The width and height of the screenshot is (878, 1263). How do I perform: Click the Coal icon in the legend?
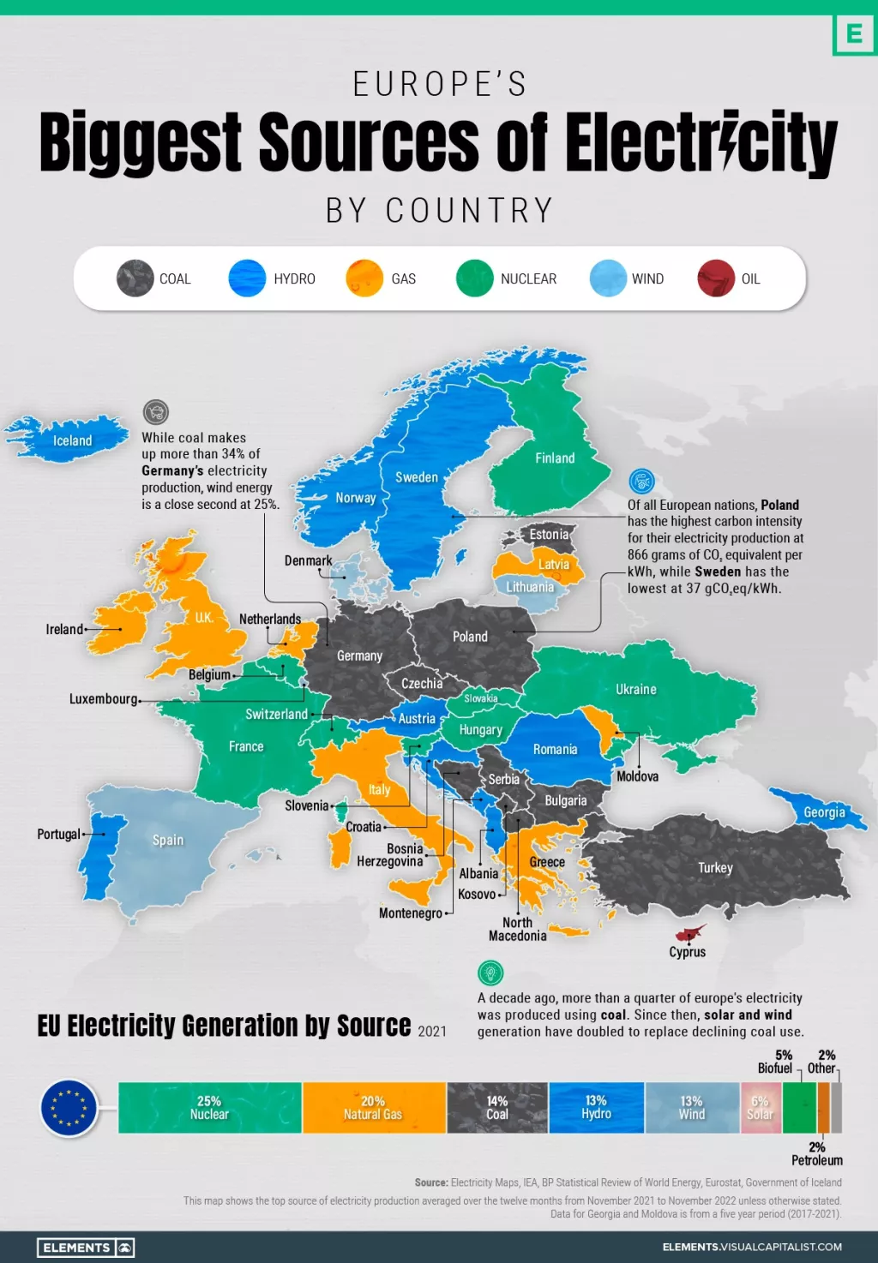tap(135, 278)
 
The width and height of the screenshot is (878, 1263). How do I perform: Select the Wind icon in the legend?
tap(608, 278)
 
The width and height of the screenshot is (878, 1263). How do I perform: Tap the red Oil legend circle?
tap(716, 278)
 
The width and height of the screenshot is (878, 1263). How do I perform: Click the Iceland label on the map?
tap(72, 440)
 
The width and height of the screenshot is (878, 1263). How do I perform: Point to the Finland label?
tap(555, 458)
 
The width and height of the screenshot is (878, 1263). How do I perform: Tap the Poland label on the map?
tap(470, 637)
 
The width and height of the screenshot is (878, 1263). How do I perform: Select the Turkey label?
tap(715, 868)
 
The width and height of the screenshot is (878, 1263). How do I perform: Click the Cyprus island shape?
tap(689, 933)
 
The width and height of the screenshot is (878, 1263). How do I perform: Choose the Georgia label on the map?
tap(824, 812)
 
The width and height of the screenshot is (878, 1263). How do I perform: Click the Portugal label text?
tap(58, 834)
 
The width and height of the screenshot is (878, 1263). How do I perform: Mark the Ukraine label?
tap(635, 689)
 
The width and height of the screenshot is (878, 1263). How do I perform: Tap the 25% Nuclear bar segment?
tap(209, 1108)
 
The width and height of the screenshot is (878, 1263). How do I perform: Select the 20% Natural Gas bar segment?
tap(373, 1108)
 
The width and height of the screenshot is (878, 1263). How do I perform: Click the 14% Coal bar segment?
tap(497, 1108)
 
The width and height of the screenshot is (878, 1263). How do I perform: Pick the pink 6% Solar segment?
tap(761, 1108)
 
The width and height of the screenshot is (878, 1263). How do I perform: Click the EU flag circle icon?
tap(69, 1108)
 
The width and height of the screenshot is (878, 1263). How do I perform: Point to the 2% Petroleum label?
tap(816, 1153)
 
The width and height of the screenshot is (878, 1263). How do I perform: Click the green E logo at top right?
tap(854, 34)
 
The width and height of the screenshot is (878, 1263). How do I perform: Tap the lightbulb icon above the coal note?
tap(490, 973)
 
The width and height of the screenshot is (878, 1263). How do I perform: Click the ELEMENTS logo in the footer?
tap(86, 1248)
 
